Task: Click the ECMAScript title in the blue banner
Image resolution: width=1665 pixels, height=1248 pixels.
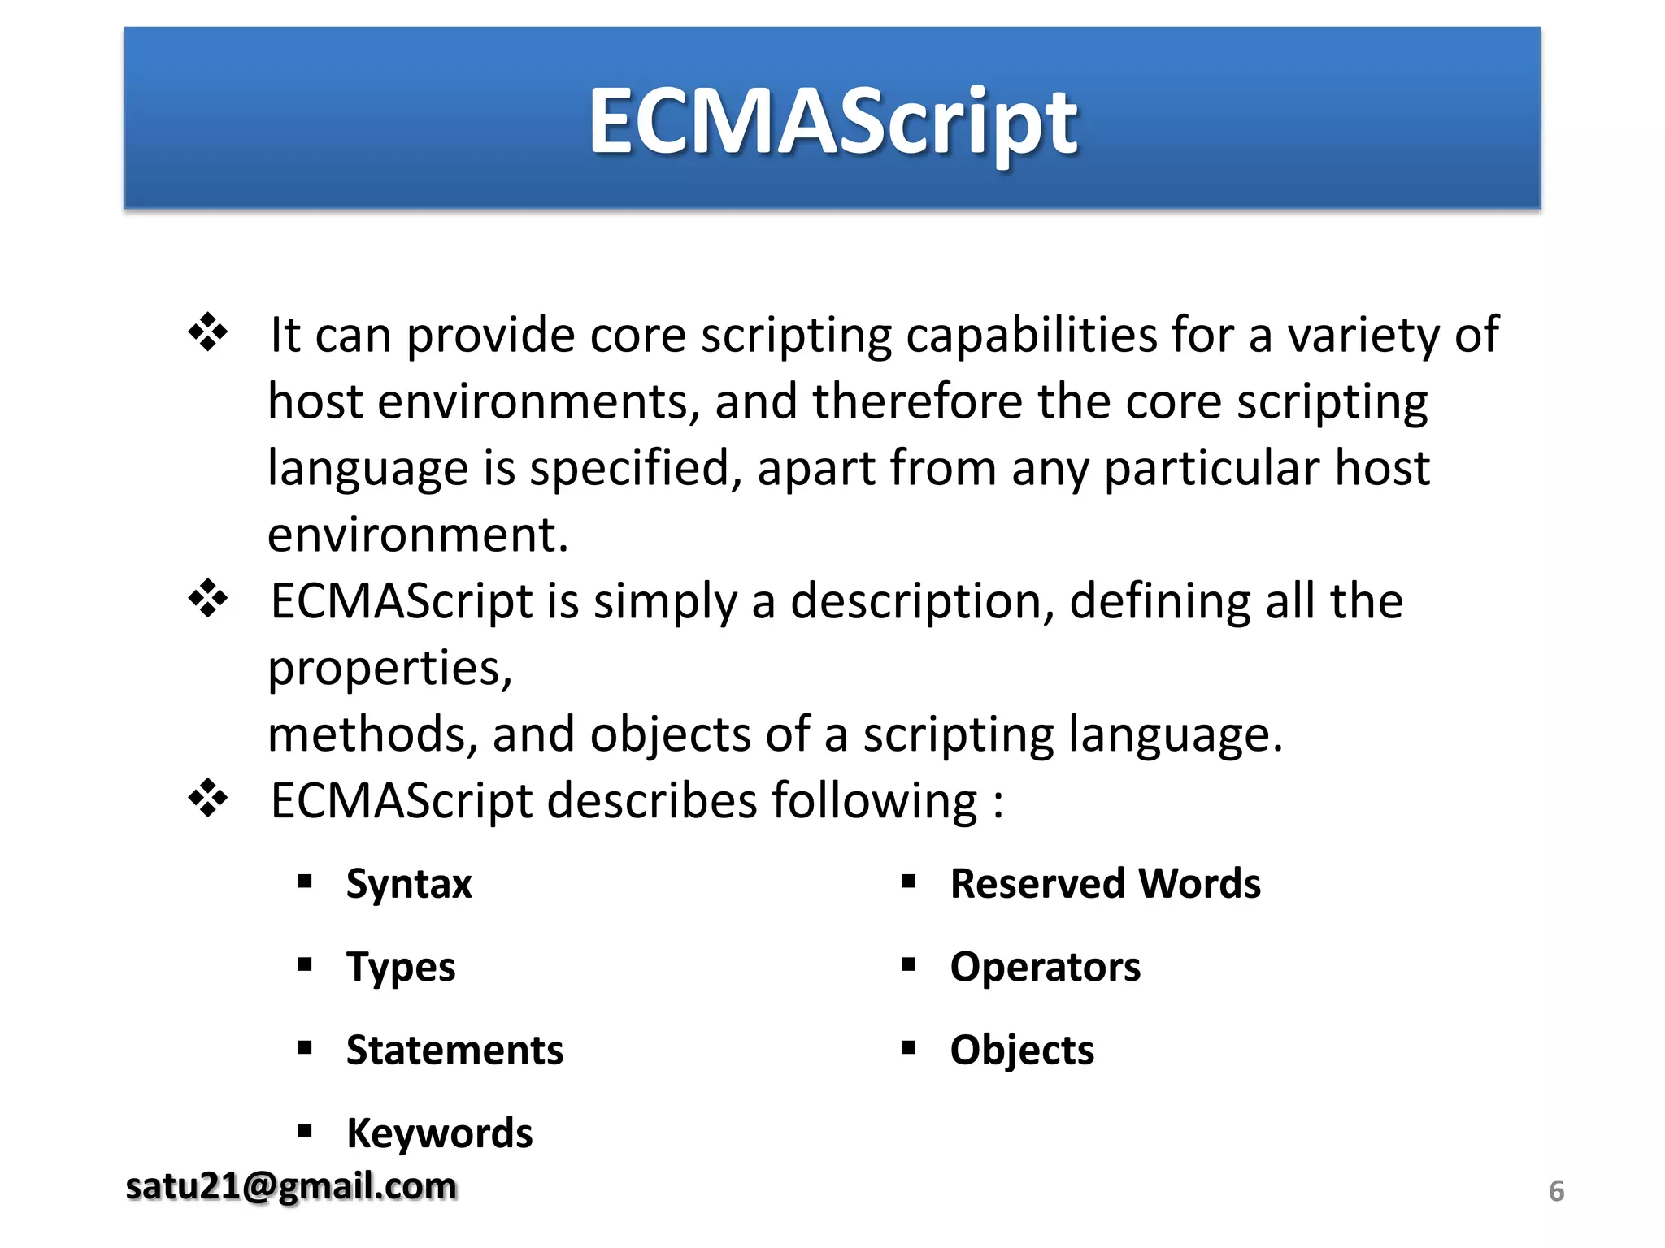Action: pos(832,122)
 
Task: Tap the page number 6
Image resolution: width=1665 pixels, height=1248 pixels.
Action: pos(1556,1191)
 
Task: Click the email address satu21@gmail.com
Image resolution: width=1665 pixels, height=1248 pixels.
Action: pos(291,1186)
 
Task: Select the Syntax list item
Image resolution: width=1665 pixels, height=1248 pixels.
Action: pos(409,884)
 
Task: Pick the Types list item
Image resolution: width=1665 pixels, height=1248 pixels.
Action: pos(401,968)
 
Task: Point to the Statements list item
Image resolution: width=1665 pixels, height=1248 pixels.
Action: pos(454,1051)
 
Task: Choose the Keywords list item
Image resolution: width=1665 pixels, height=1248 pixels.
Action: pos(439,1133)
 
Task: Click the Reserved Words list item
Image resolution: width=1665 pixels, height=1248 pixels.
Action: pos(1105,884)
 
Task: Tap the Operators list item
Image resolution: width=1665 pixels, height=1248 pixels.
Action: pos(1045,968)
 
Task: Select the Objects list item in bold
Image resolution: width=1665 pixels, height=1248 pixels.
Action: pos(1022,1051)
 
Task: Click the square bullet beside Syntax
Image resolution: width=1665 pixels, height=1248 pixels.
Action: pos(305,882)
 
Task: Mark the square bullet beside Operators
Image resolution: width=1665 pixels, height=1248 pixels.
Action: pos(909,965)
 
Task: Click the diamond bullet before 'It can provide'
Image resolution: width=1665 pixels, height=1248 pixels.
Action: pos(208,332)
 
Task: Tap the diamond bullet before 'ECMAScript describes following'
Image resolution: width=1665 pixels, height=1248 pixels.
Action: pos(208,799)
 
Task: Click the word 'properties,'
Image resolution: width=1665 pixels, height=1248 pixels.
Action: pos(390,669)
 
